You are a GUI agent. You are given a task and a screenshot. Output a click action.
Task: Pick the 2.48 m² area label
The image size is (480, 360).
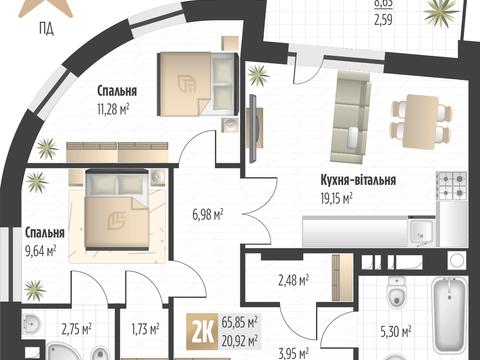coord(292,280)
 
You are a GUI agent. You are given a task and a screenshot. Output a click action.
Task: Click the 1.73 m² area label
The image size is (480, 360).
coord(147,327)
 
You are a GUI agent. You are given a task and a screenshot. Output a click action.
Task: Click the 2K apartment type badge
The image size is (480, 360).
coord(201,328)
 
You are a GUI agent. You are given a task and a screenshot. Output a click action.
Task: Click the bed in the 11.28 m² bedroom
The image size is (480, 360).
coord(194,83)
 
